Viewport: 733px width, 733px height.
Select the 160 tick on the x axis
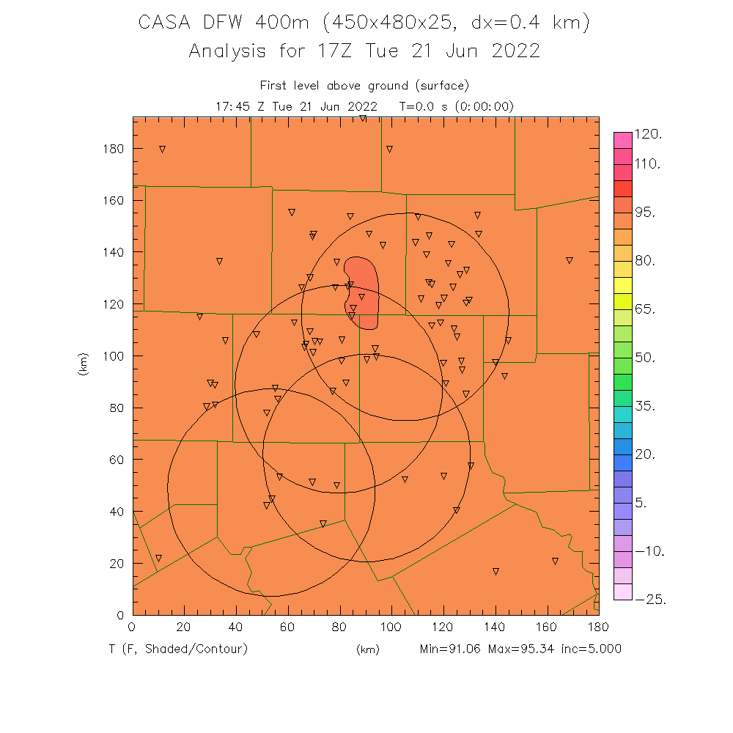(x=547, y=626)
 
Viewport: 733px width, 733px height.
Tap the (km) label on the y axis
(x=83, y=364)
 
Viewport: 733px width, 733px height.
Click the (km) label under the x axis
(x=367, y=649)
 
